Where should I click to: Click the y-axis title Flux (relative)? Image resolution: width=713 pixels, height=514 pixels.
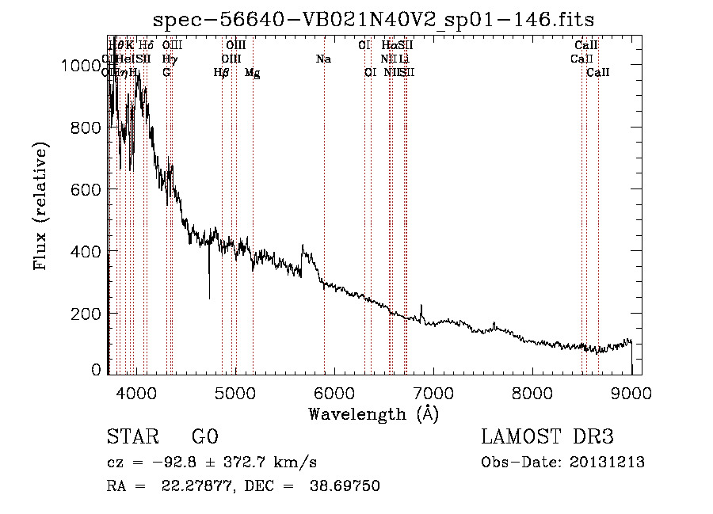40,206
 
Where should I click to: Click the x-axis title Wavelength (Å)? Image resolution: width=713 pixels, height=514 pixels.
373,413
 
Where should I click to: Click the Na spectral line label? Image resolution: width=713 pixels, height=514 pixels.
323,59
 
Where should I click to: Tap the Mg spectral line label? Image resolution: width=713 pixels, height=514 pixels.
252,73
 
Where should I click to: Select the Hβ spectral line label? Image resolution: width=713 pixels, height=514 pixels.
222,73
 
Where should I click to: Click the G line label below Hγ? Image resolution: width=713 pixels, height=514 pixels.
166,72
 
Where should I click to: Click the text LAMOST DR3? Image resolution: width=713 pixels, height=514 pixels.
547,437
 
